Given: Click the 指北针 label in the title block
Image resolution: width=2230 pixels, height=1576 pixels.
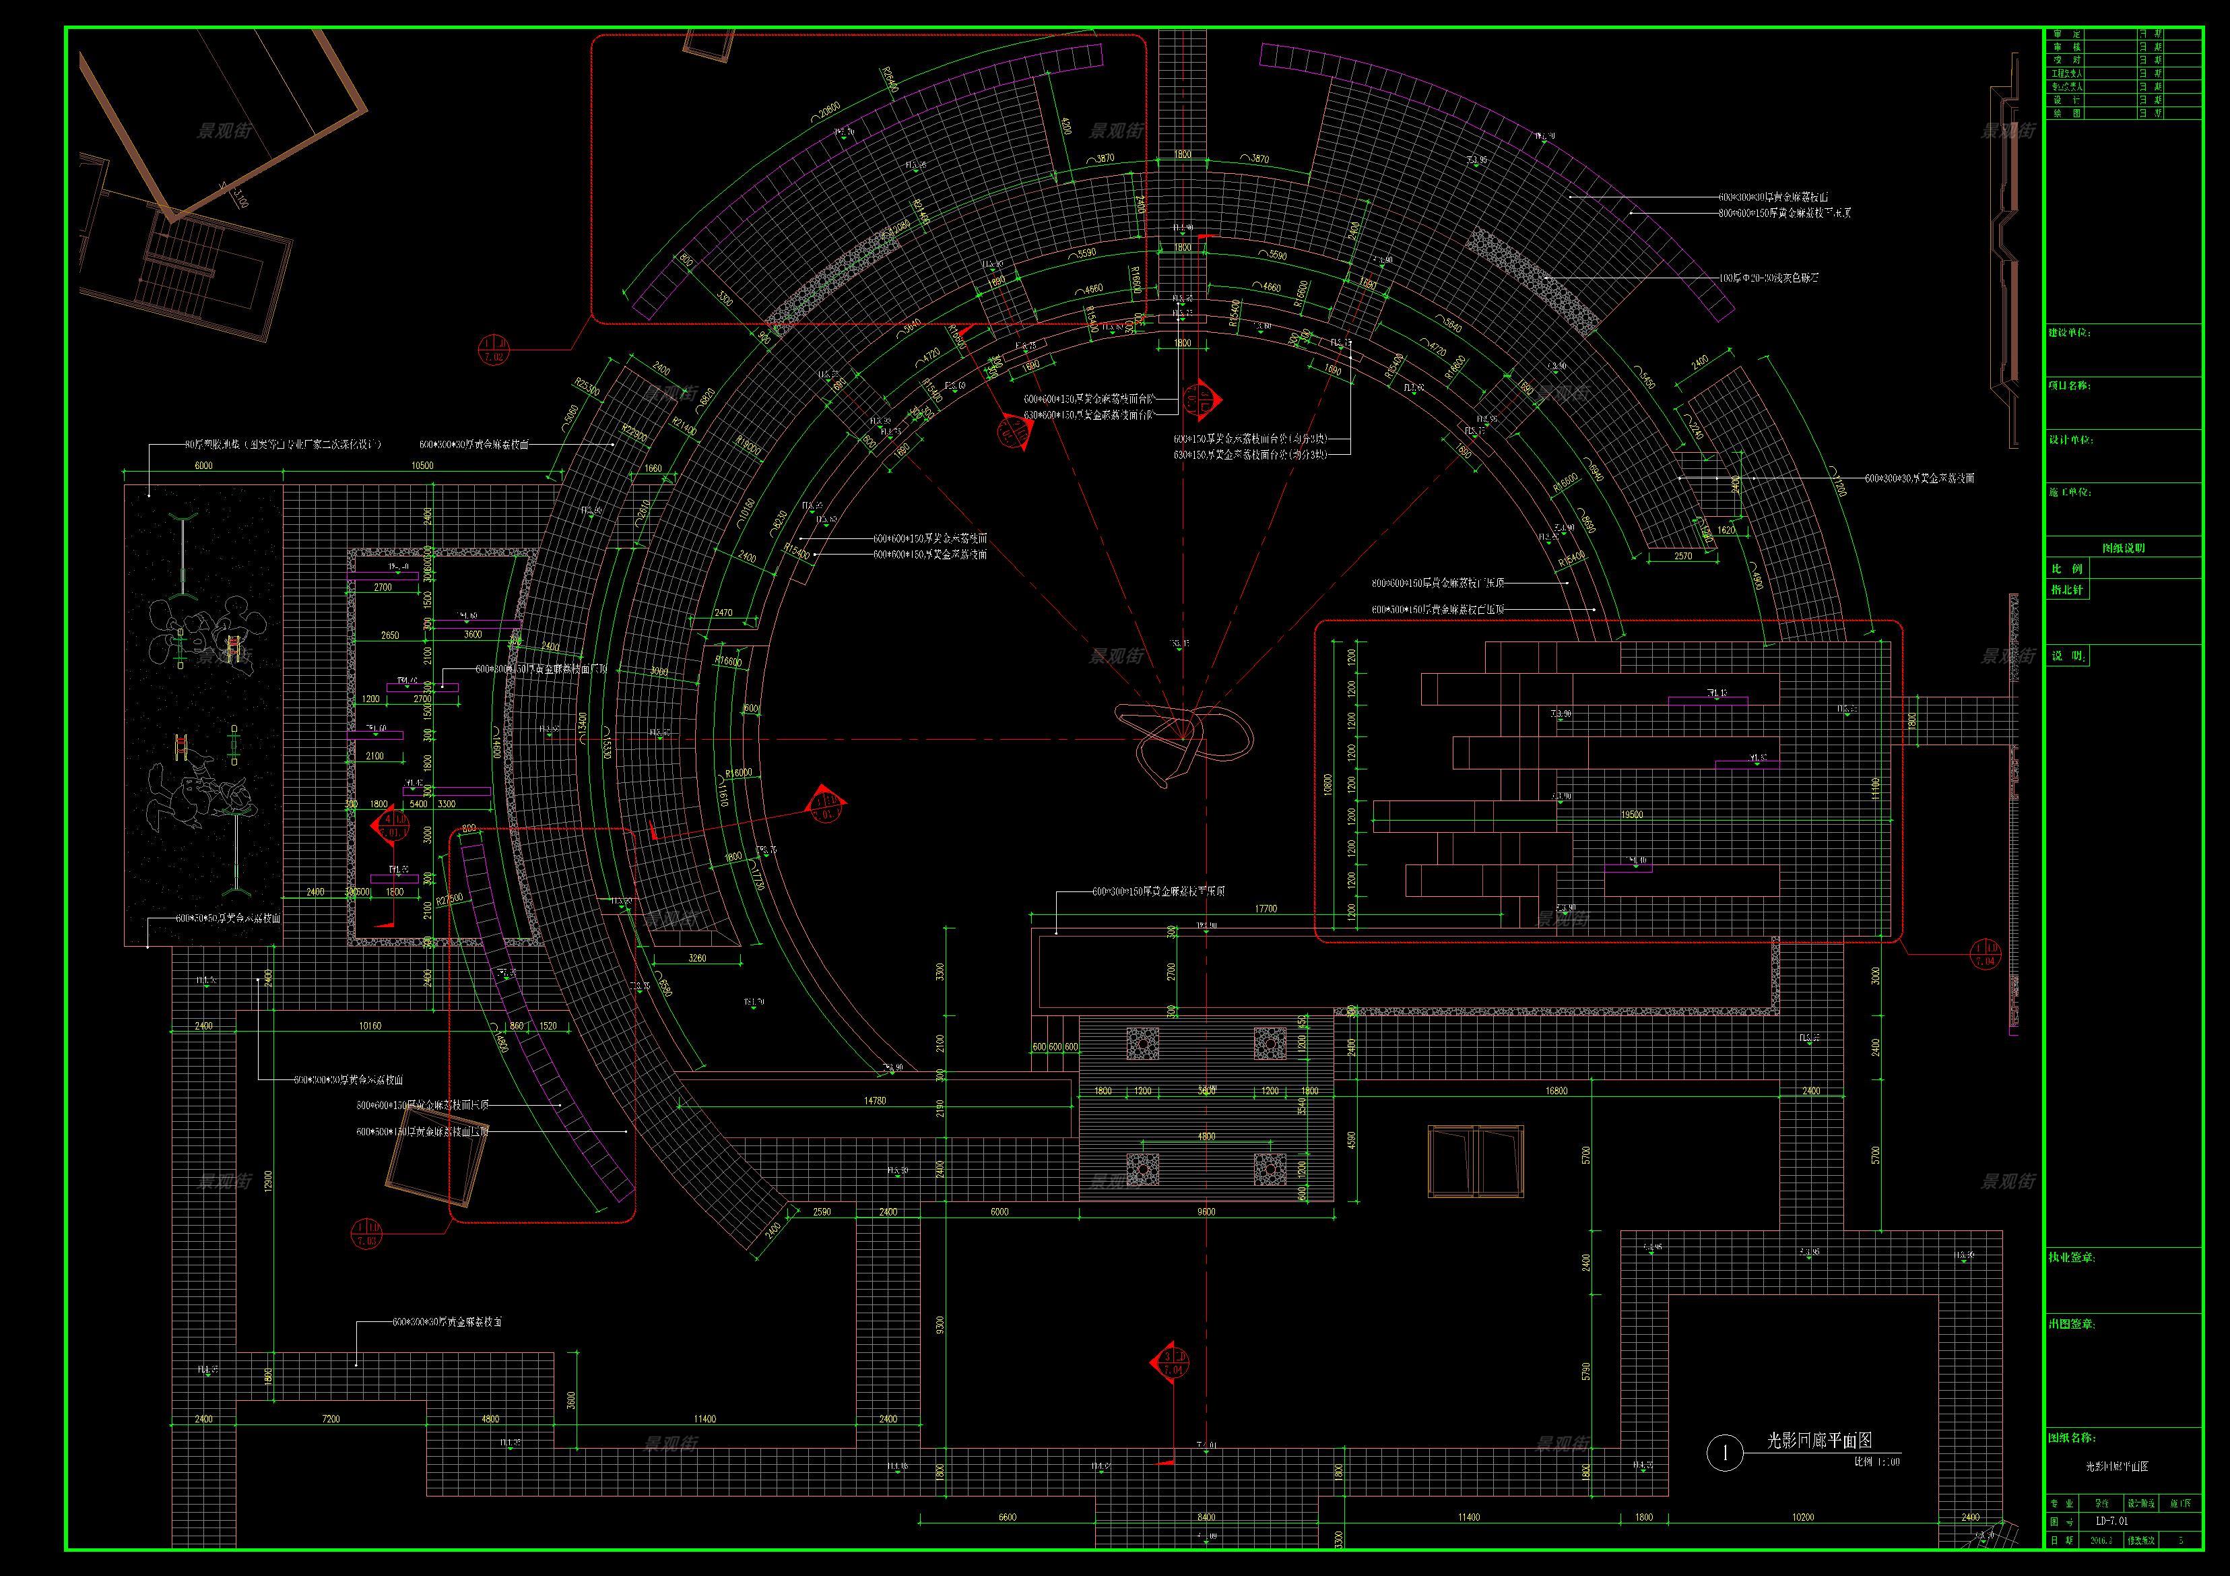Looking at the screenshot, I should pos(2067,590).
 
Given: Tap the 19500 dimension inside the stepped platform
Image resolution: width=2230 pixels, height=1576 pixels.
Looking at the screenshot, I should pos(1632,815).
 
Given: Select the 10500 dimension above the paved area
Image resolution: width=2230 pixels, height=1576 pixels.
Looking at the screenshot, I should pos(422,466).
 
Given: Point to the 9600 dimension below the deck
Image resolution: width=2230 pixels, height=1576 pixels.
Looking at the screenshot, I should pos(1206,1211).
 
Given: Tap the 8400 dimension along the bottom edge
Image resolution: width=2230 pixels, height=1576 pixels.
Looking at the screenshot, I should pos(1206,1517).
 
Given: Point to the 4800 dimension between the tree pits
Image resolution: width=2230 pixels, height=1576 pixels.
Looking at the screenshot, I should pos(1206,1136).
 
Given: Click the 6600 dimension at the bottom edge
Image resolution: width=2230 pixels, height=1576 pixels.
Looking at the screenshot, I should pos(1007,1517).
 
